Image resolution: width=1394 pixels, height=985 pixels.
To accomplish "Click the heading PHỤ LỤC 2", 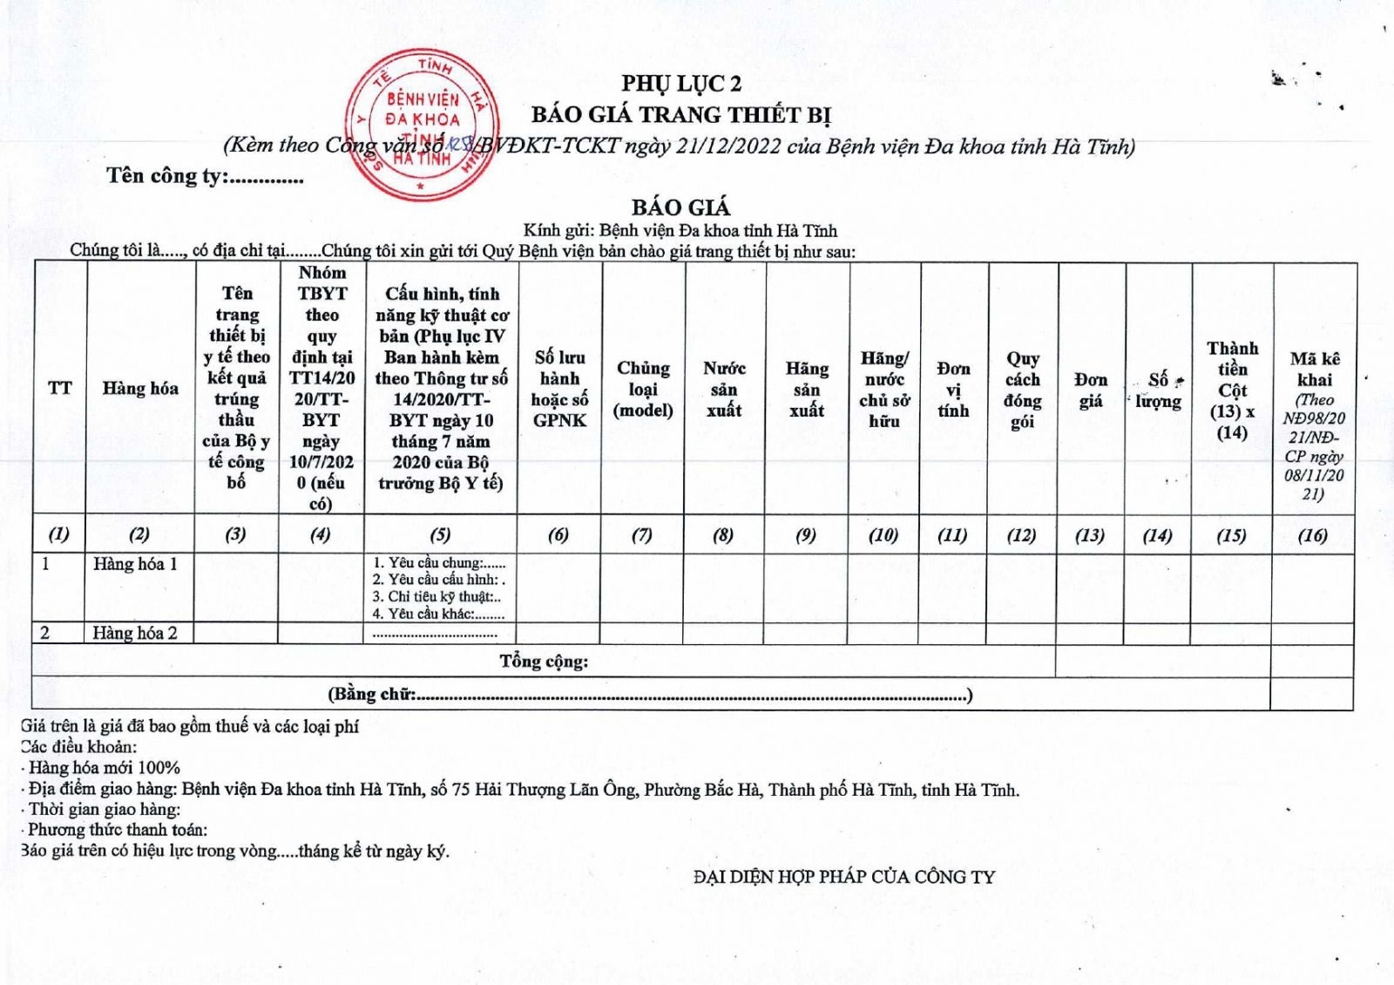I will coord(681,84).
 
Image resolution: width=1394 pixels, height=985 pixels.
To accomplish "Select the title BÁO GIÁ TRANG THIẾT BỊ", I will coord(681,115).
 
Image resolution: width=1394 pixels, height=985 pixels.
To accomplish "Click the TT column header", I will coord(59,388).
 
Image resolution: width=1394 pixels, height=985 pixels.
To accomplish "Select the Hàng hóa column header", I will coord(139,388).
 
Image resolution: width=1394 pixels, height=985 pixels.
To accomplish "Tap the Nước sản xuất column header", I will coord(724,389).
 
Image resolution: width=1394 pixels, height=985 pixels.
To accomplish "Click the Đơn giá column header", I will coord(1090,390).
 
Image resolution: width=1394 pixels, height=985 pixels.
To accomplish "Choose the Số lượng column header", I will coord(1158,390).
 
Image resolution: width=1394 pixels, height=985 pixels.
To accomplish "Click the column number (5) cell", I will coord(440,535).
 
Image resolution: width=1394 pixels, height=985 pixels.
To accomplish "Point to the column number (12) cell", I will coord(1021,535).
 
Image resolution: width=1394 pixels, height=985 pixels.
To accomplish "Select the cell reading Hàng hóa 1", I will coord(135,564).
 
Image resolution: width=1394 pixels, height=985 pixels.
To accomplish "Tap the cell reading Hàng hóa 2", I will coord(135,633).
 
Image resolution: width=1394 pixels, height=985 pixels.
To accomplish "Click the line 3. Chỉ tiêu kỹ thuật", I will coord(436,597).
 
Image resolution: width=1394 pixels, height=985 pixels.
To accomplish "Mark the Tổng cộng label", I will coord(544,662).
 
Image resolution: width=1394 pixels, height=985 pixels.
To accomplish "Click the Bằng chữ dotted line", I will coord(688,696).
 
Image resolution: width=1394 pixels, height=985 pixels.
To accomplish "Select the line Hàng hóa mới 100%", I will coord(103,768).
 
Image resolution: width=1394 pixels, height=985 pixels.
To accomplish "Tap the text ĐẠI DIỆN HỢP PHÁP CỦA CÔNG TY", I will coord(843,877).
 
